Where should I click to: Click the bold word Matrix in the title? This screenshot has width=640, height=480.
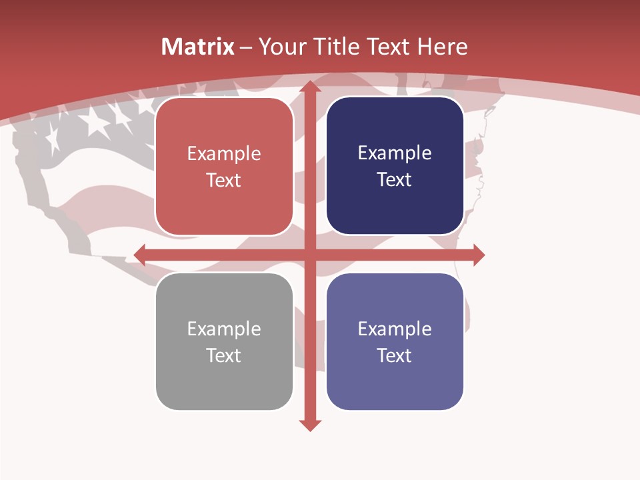[198, 47]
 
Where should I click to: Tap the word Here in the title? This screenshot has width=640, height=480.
[442, 47]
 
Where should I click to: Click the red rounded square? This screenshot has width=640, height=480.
[224, 166]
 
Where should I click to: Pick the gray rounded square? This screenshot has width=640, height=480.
[224, 341]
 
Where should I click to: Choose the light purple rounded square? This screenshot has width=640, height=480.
[395, 341]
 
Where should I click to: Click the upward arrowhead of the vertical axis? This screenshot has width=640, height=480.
[310, 86]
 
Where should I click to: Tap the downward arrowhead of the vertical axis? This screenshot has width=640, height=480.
[310, 425]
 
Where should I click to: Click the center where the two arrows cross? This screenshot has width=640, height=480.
[310, 255]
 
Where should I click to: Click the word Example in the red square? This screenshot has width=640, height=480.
[224, 154]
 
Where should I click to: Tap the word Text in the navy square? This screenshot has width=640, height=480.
[395, 179]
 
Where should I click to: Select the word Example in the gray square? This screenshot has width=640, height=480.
[224, 329]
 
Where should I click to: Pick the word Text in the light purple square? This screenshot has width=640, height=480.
[395, 355]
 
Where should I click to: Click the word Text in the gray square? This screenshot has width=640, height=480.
[224, 355]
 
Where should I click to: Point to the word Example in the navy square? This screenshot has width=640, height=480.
[395, 153]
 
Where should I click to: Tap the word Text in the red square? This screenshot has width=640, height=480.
[224, 180]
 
